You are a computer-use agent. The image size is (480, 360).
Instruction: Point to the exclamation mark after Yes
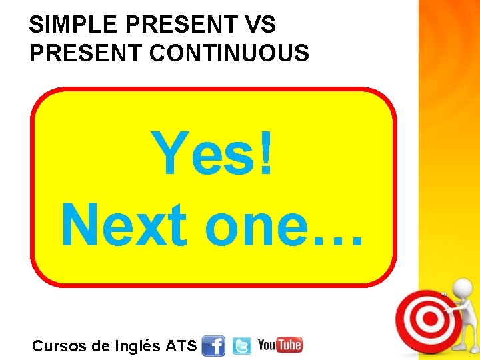pyautogui.click(x=266, y=153)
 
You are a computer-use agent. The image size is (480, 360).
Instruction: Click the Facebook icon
pyautogui.click(x=213, y=346)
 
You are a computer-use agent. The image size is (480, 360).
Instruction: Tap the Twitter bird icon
pyautogui.click(x=241, y=346)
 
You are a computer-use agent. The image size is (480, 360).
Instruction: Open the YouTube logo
pyautogui.click(x=280, y=345)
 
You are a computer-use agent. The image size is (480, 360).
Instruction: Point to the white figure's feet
pyautogui.click(x=464, y=348)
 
